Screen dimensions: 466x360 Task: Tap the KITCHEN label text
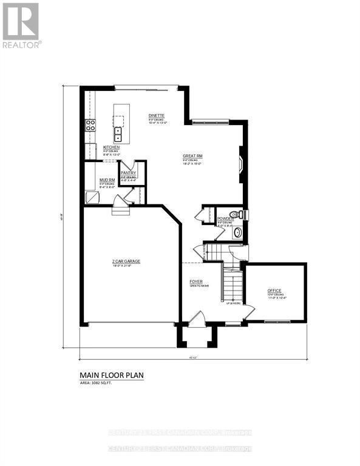coord(111,147)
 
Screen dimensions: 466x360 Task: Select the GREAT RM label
coord(192,156)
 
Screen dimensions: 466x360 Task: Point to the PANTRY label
coord(128,173)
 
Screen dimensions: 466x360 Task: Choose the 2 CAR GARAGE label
coord(126,261)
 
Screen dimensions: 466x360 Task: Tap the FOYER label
coord(196,282)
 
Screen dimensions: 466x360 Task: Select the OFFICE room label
coord(274,291)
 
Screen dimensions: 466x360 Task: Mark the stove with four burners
coord(90,126)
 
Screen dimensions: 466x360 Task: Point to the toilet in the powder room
coord(241,214)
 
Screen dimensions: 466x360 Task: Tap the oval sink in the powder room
coord(237,231)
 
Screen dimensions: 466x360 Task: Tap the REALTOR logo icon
coord(21,21)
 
